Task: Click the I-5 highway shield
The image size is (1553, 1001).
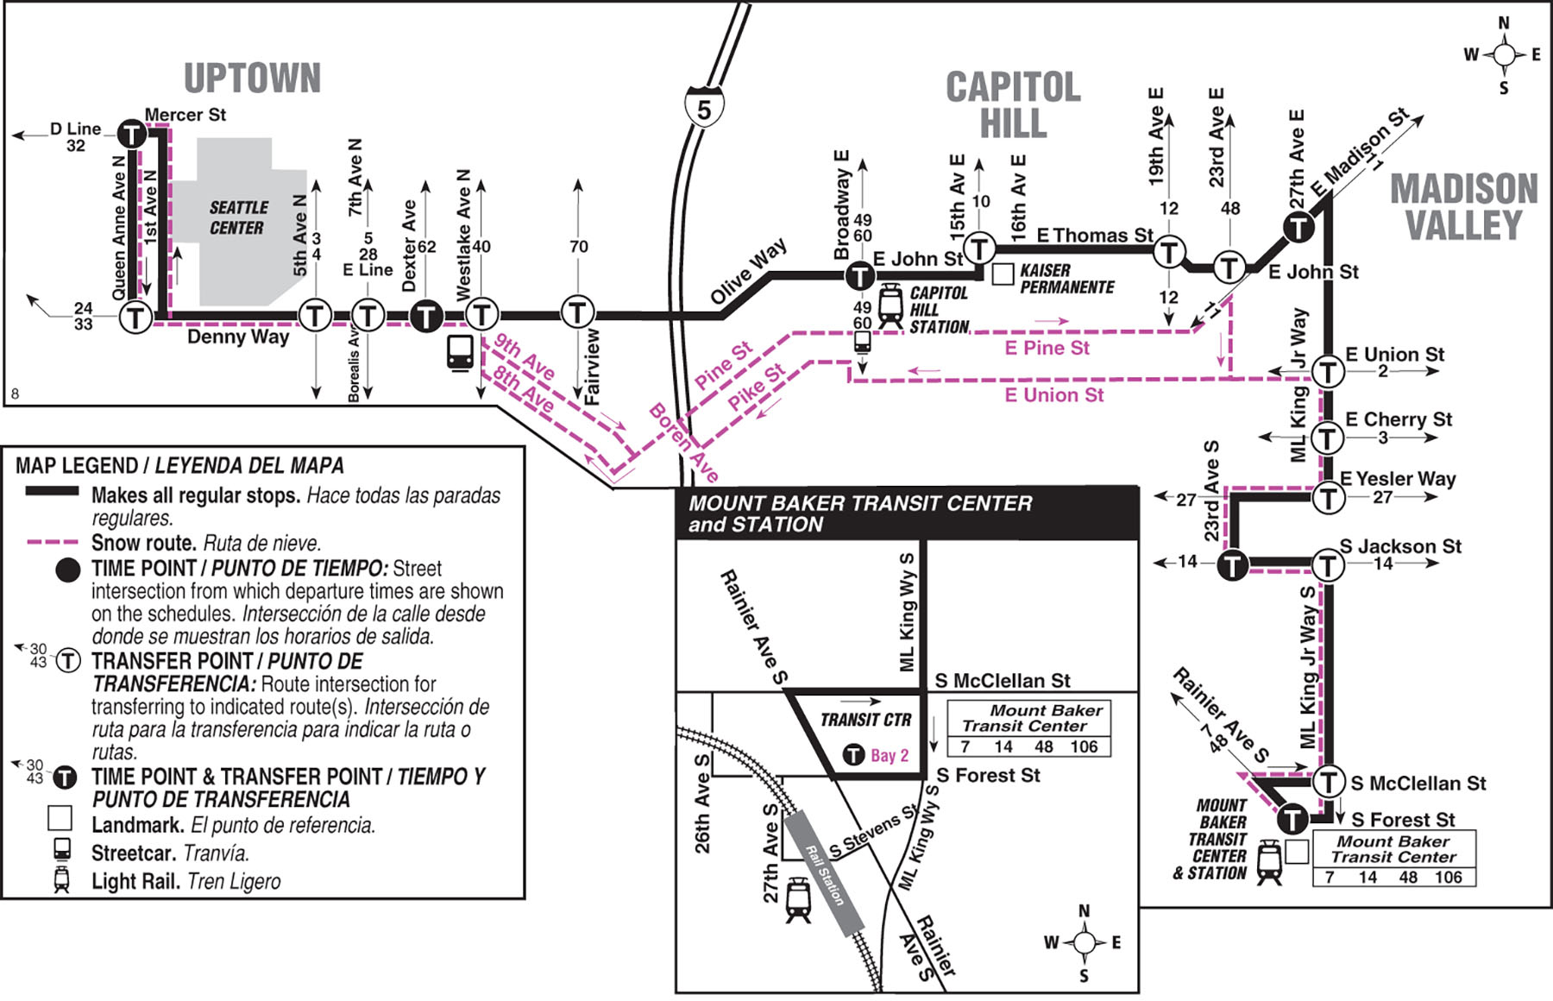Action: coord(704,108)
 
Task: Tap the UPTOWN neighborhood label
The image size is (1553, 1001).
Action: coord(252,79)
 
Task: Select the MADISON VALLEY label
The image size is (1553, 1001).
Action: coord(1463,207)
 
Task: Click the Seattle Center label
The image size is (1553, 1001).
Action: coord(237,217)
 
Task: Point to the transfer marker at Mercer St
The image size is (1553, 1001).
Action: coord(131,134)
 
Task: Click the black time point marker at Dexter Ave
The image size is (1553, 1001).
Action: coord(425,315)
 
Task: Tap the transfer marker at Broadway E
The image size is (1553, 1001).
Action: coord(859,276)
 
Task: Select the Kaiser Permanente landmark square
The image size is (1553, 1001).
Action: coord(1003,274)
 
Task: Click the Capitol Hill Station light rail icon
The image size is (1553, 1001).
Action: coord(890,307)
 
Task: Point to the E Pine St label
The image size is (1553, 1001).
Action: coord(1047,348)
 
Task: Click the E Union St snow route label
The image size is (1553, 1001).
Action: coord(1053,395)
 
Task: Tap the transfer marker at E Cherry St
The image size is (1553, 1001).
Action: coord(1327,438)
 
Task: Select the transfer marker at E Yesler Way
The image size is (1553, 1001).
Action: coord(1328,498)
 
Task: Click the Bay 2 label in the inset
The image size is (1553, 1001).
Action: coord(889,756)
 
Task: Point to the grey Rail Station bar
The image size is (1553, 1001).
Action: coord(824,872)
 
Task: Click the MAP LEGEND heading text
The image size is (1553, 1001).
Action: coord(179,466)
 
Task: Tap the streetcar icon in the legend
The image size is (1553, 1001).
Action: coord(62,850)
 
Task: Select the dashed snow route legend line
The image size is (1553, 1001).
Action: coord(52,543)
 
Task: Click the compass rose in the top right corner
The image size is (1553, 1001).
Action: coord(1504,55)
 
